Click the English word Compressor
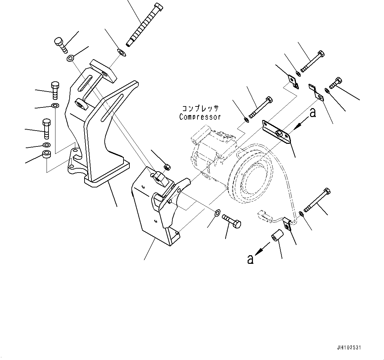[x=200, y=117]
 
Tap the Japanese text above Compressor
[x=200, y=108]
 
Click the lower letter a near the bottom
[x=251, y=259]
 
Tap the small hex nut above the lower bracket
[x=167, y=167]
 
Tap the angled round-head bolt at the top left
[x=61, y=45]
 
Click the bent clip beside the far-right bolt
[x=316, y=92]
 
